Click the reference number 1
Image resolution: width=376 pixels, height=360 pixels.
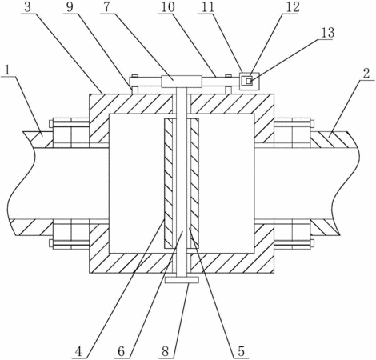(8, 70)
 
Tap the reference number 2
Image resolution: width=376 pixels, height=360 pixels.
(366, 74)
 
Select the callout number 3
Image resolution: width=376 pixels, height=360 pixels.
(27, 8)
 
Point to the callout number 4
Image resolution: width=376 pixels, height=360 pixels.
(78, 352)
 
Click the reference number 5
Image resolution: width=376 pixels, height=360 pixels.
(241, 351)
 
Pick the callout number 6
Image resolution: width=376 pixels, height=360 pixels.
(121, 351)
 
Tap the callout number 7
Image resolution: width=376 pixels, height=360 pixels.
(106, 7)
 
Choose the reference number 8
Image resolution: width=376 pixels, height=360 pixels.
(166, 351)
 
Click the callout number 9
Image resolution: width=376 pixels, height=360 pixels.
(70, 7)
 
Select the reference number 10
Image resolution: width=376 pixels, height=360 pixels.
(168, 7)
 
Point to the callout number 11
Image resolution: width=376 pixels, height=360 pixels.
(207, 7)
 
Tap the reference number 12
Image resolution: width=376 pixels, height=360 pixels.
(293, 7)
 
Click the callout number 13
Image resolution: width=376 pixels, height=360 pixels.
(327, 33)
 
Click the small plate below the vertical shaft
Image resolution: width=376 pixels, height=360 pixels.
(182, 280)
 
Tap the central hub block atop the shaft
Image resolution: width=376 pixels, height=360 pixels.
(182, 82)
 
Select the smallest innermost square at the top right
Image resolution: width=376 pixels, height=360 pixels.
(249, 81)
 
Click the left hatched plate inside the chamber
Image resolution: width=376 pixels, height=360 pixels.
(169, 183)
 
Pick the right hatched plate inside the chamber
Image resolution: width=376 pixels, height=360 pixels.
(195, 183)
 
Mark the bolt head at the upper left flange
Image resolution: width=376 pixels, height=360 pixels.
(51, 124)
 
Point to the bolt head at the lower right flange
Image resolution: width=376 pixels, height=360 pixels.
(312, 243)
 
